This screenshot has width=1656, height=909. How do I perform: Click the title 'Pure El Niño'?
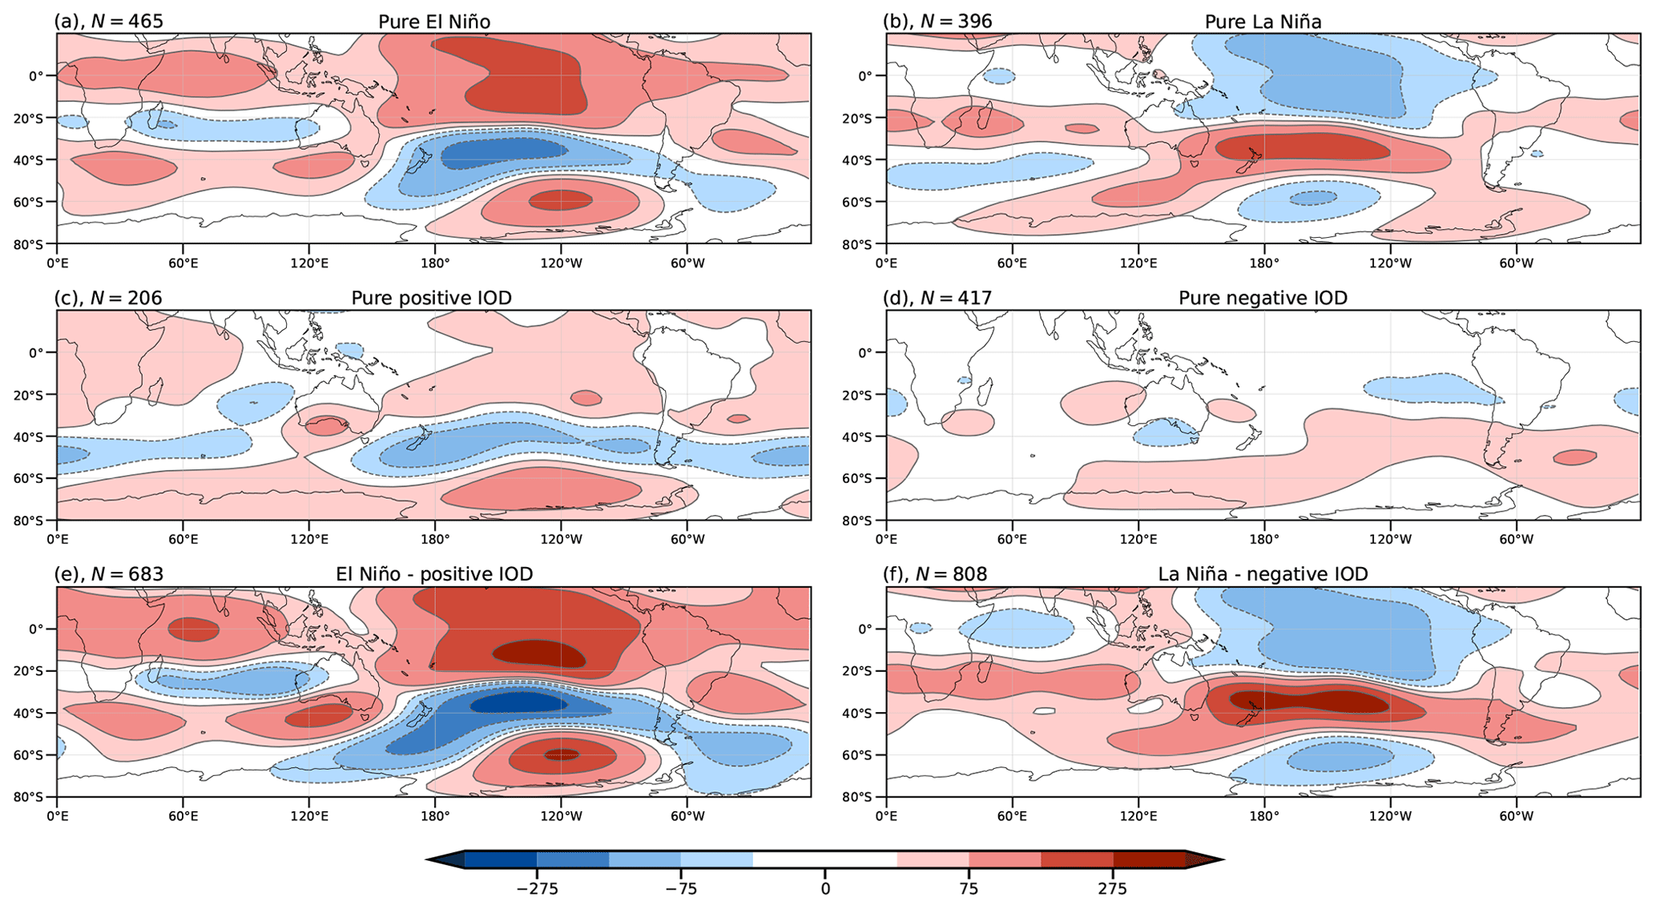pyautogui.click(x=433, y=22)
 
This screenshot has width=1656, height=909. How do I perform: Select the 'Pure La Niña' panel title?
pyautogui.click(x=1263, y=22)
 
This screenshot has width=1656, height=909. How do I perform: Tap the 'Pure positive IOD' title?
pyautogui.click(x=431, y=298)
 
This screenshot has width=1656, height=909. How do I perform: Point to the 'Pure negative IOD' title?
pyautogui.click(x=1263, y=298)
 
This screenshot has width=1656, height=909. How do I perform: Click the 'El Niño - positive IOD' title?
pyautogui.click(x=433, y=574)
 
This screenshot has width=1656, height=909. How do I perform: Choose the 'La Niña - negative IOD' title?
pyautogui.click(x=1263, y=574)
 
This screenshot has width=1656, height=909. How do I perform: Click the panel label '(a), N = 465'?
pyautogui.click(x=108, y=22)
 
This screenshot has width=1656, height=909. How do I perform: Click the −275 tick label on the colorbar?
pyautogui.click(x=537, y=889)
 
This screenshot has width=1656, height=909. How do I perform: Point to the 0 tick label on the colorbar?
pyautogui.click(x=825, y=889)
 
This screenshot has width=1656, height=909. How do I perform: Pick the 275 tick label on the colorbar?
pyautogui.click(x=1112, y=889)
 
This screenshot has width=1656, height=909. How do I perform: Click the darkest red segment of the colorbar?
pyautogui.click(x=1149, y=860)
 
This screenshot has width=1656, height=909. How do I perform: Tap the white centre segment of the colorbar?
pyautogui.click(x=825, y=860)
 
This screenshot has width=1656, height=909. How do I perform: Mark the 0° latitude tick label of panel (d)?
pyautogui.click(x=872, y=352)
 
